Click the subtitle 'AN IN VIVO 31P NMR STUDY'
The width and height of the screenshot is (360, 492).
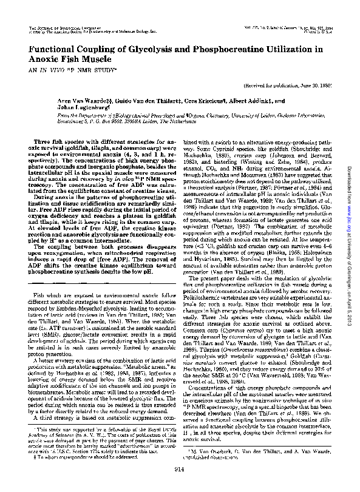tap(63, 71)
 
